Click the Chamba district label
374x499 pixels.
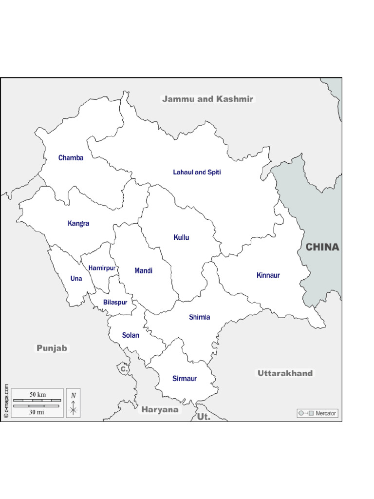point(71,158)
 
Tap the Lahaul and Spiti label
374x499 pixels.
point(197,173)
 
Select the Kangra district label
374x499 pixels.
point(78,224)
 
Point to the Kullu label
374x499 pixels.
point(181,238)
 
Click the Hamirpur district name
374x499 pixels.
point(102,268)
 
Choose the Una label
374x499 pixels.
point(76,279)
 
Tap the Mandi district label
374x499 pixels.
point(143,270)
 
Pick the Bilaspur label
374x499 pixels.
point(115,302)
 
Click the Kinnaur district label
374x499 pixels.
point(268,275)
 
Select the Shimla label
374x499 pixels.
point(200,317)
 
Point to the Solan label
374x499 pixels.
point(131,335)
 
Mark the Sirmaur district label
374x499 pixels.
point(185,379)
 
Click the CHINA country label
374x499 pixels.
point(322,247)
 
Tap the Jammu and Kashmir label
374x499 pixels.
point(207,99)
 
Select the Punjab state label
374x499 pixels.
point(52,348)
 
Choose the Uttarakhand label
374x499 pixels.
point(285,373)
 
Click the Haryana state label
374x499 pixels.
point(160,410)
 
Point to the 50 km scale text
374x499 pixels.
point(37,394)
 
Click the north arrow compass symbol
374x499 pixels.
point(73,404)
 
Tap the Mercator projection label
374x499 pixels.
point(317,413)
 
